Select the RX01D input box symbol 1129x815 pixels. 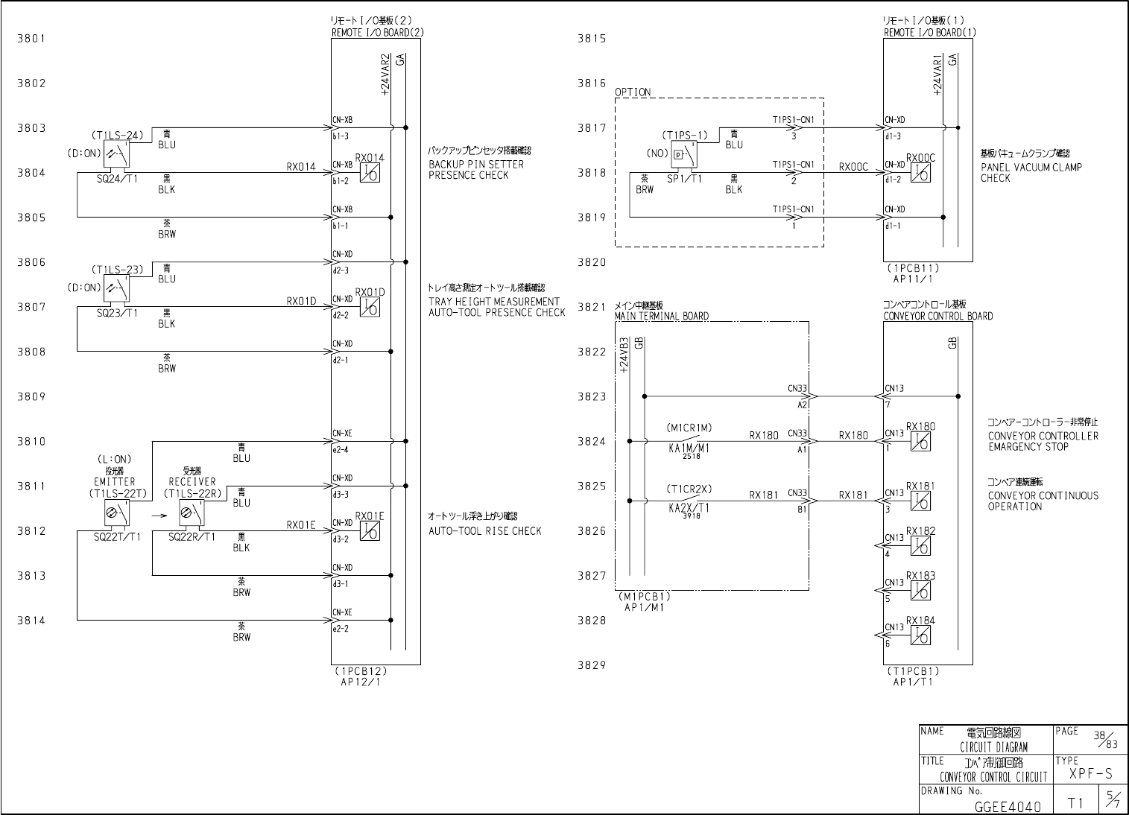tap(370, 308)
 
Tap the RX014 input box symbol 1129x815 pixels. tap(370, 174)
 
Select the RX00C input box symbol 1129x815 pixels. tap(921, 174)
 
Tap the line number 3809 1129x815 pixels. tap(31, 396)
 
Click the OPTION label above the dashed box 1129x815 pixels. tap(633, 92)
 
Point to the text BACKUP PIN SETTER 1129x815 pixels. tap(475, 164)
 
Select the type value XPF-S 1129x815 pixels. tap(1090, 774)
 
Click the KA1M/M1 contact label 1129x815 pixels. tap(689, 448)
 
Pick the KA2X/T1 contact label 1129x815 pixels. tap(689, 508)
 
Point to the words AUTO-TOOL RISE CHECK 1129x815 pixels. tap(484, 531)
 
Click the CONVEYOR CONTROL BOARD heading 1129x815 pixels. tap(937, 316)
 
